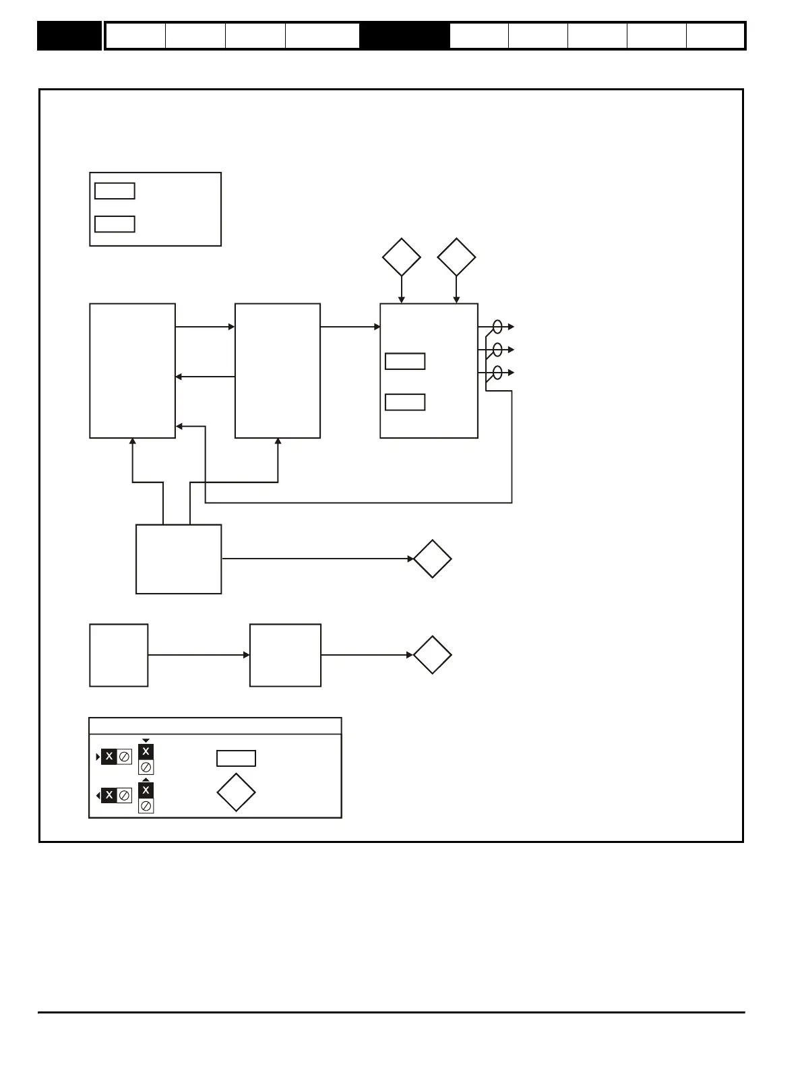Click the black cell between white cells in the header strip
coord(404,36)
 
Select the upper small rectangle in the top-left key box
coord(115,191)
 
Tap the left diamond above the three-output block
coord(402,257)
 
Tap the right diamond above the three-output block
coord(456,257)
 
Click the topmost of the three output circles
coord(497,327)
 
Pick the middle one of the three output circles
coord(497,350)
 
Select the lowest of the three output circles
coord(497,373)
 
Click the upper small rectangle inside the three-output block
coord(405,361)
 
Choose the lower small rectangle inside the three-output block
coord(405,402)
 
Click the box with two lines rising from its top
coord(179,559)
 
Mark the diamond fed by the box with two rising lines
coord(432,559)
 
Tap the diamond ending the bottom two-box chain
coord(432,655)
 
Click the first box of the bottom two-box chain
coord(119,655)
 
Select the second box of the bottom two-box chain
coord(285,655)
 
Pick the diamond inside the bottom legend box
coord(236,793)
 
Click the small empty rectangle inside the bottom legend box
coord(236,758)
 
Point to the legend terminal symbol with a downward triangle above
coord(146,758)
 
